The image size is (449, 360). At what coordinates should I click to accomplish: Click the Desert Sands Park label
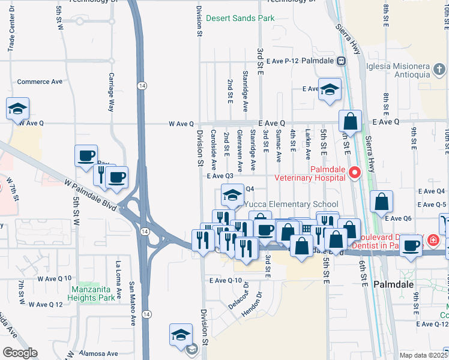coord(240,18)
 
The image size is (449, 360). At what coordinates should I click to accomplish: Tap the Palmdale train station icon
coord(340,61)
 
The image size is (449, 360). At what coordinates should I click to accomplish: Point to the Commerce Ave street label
coord(40,82)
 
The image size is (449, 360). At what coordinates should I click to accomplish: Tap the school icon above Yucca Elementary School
coord(232,194)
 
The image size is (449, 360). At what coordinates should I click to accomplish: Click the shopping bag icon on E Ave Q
coord(350,121)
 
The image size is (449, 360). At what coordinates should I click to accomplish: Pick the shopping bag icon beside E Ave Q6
coord(381,202)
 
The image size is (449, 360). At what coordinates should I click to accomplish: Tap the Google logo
coord(20,352)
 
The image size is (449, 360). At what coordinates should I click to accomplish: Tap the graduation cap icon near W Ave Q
coord(17,108)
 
